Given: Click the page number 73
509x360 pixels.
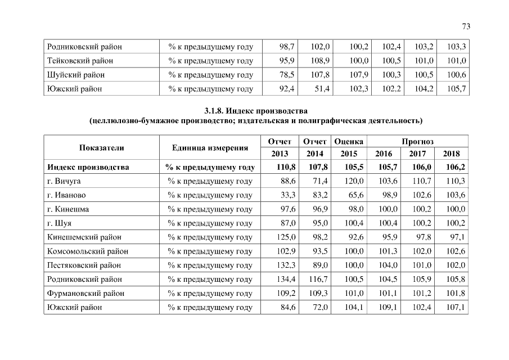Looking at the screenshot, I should point(465,26).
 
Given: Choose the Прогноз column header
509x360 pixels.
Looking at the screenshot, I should point(417,141).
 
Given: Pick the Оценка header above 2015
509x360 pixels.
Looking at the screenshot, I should point(349,141).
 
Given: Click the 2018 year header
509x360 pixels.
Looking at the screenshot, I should point(451,154).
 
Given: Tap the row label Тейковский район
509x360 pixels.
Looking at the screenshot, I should point(80,60).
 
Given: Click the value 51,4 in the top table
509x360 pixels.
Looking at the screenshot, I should point(321,88).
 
